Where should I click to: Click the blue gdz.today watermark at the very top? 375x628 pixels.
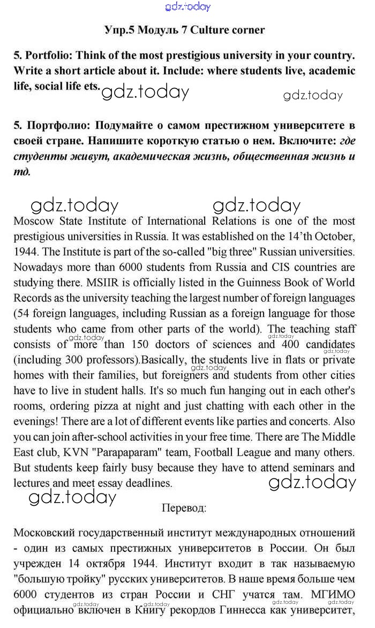[x=188, y=6]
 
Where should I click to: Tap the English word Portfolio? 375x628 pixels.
[x=50, y=56]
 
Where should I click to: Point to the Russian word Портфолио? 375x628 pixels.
[x=58, y=126]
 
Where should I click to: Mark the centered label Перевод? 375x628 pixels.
[x=184, y=507]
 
